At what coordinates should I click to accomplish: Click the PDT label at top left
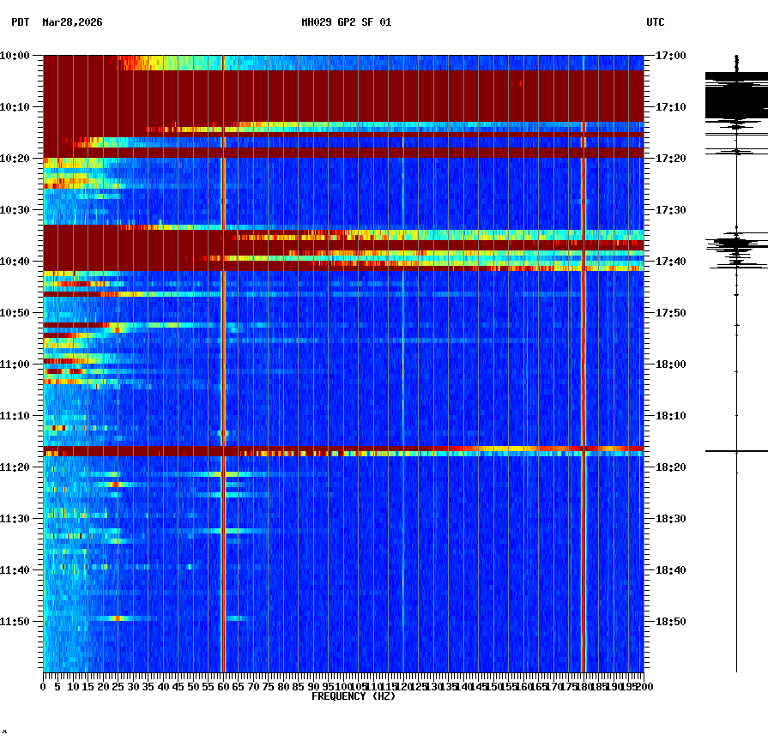[x=20, y=22]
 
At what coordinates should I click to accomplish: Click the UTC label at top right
[x=655, y=22]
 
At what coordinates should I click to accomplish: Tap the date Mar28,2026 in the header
[x=72, y=22]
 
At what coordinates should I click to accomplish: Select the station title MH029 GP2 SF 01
[x=346, y=22]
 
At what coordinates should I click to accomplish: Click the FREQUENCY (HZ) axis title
[x=353, y=696]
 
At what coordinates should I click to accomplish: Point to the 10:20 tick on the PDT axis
[x=15, y=159]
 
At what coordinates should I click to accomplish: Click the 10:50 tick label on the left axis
[x=15, y=313]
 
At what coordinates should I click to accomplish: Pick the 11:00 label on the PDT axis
[x=15, y=364]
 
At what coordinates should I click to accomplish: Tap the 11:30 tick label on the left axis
[x=15, y=519]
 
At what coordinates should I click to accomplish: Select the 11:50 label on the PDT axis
[x=15, y=622]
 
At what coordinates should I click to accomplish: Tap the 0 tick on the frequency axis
[x=44, y=687]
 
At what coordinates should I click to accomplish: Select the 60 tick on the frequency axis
[x=223, y=687]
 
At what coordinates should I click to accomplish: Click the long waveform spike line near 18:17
[x=736, y=450]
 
